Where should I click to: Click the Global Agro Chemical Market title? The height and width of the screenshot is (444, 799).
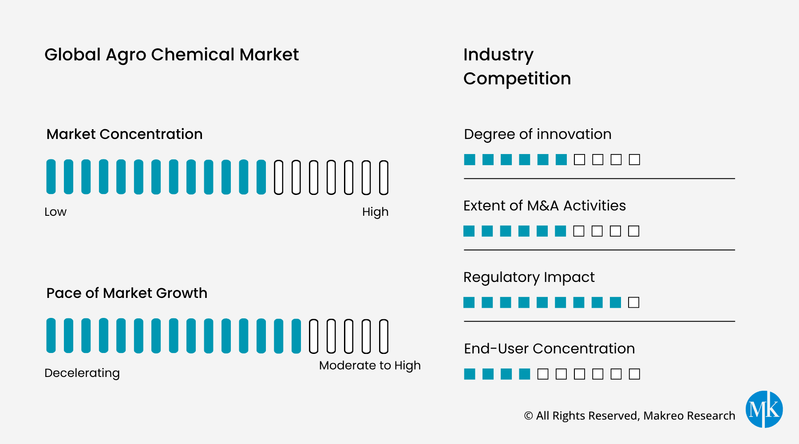(x=171, y=55)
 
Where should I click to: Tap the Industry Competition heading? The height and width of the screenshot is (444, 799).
(x=517, y=67)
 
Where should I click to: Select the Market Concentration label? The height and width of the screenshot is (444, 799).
(x=124, y=134)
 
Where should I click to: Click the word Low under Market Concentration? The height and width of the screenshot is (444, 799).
(x=55, y=212)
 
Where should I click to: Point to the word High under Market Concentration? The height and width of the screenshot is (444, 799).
(x=375, y=212)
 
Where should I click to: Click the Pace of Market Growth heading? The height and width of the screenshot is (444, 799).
(x=127, y=293)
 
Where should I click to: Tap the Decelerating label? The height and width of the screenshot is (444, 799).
(x=82, y=373)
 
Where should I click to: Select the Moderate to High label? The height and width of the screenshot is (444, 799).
(x=370, y=365)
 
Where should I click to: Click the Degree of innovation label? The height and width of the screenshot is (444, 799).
(x=538, y=134)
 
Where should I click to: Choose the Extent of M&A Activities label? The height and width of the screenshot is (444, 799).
(x=545, y=206)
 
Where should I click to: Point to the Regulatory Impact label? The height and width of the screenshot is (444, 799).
(x=529, y=277)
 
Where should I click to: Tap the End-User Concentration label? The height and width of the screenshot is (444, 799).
(x=549, y=349)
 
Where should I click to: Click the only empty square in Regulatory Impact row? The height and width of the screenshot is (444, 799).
(x=634, y=302)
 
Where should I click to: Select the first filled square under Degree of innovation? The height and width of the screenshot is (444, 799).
(x=470, y=159)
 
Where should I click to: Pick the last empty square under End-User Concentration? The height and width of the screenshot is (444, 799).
(x=634, y=374)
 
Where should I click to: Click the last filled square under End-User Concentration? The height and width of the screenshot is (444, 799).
(x=525, y=374)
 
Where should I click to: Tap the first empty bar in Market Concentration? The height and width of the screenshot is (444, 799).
(x=278, y=177)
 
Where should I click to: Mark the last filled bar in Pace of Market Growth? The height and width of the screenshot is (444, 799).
(x=296, y=336)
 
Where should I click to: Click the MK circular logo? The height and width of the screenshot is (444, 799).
(x=764, y=409)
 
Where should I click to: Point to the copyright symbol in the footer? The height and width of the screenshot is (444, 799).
(x=528, y=416)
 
